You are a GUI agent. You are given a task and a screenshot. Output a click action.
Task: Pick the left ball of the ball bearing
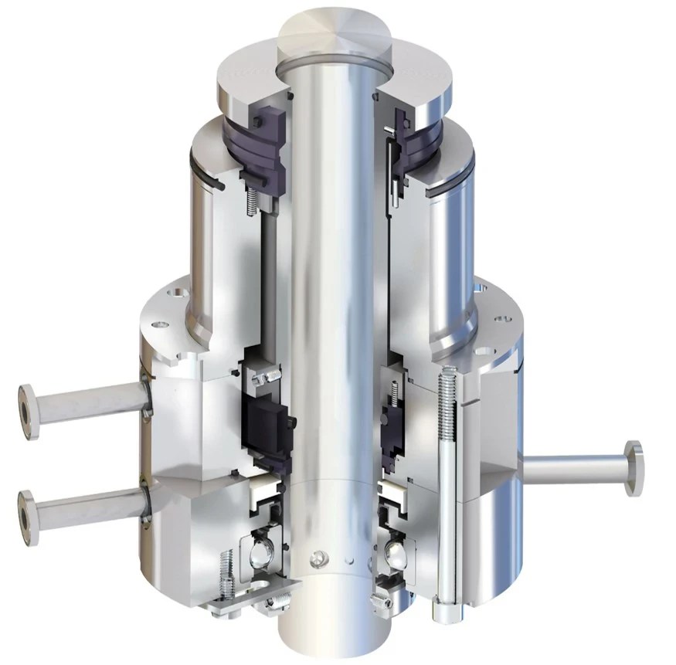coord(260,553)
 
